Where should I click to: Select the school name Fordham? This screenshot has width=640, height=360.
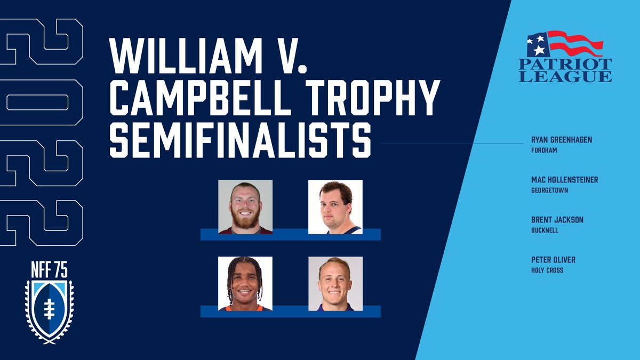click(543, 150)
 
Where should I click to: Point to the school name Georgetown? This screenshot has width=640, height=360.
click(546, 190)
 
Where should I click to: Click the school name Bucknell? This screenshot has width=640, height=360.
click(542, 230)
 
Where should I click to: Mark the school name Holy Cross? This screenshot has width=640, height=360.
click(547, 270)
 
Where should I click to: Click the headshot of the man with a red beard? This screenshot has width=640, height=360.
click(245, 207)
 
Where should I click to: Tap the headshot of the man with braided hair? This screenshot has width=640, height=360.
click(245, 284)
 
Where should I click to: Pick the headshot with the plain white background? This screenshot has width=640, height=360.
click(335, 207)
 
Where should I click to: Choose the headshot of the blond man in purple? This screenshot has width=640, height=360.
click(335, 284)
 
